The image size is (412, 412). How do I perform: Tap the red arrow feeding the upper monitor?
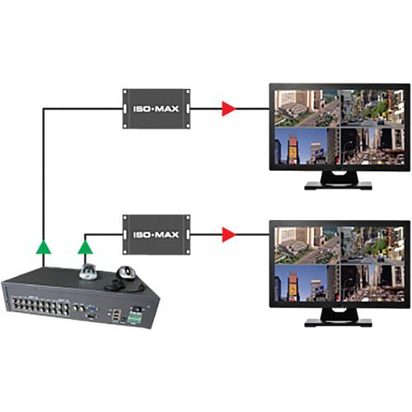pyautogui.click(x=227, y=107)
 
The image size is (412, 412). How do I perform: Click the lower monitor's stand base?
pyautogui.click(x=339, y=316)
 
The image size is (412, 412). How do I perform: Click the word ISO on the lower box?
pyautogui.click(x=141, y=235)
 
